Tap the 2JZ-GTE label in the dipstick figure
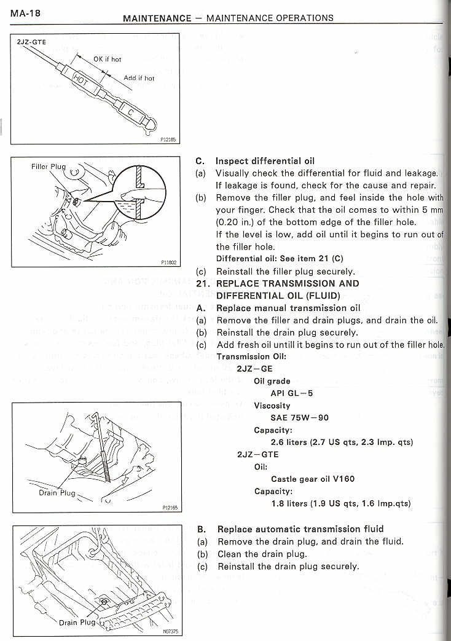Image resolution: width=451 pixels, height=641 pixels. click(x=31, y=42)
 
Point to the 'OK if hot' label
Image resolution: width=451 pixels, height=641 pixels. click(x=107, y=59)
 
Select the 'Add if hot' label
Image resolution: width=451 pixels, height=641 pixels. click(x=139, y=78)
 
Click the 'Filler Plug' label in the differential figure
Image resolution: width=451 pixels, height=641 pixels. click(x=48, y=167)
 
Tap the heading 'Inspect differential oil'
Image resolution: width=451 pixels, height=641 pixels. click(x=265, y=162)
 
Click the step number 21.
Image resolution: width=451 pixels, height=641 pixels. click(x=203, y=284)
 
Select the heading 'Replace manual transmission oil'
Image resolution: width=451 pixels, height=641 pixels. click(x=289, y=308)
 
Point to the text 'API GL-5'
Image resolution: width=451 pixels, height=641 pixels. click(x=291, y=393)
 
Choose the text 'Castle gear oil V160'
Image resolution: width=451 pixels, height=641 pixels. click(x=312, y=479)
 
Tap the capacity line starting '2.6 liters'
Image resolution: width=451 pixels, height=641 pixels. click(x=341, y=442)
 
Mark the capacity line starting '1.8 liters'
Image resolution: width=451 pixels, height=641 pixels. click(x=340, y=503)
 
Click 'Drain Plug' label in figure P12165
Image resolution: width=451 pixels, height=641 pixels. click(x=56, y=492)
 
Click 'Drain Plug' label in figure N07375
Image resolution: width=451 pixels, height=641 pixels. click(x=77, y=622)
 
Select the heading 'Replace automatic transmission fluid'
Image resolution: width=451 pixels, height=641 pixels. click(x=300, y=529)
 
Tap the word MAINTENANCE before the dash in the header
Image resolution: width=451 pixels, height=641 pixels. click(x=157, y=18)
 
